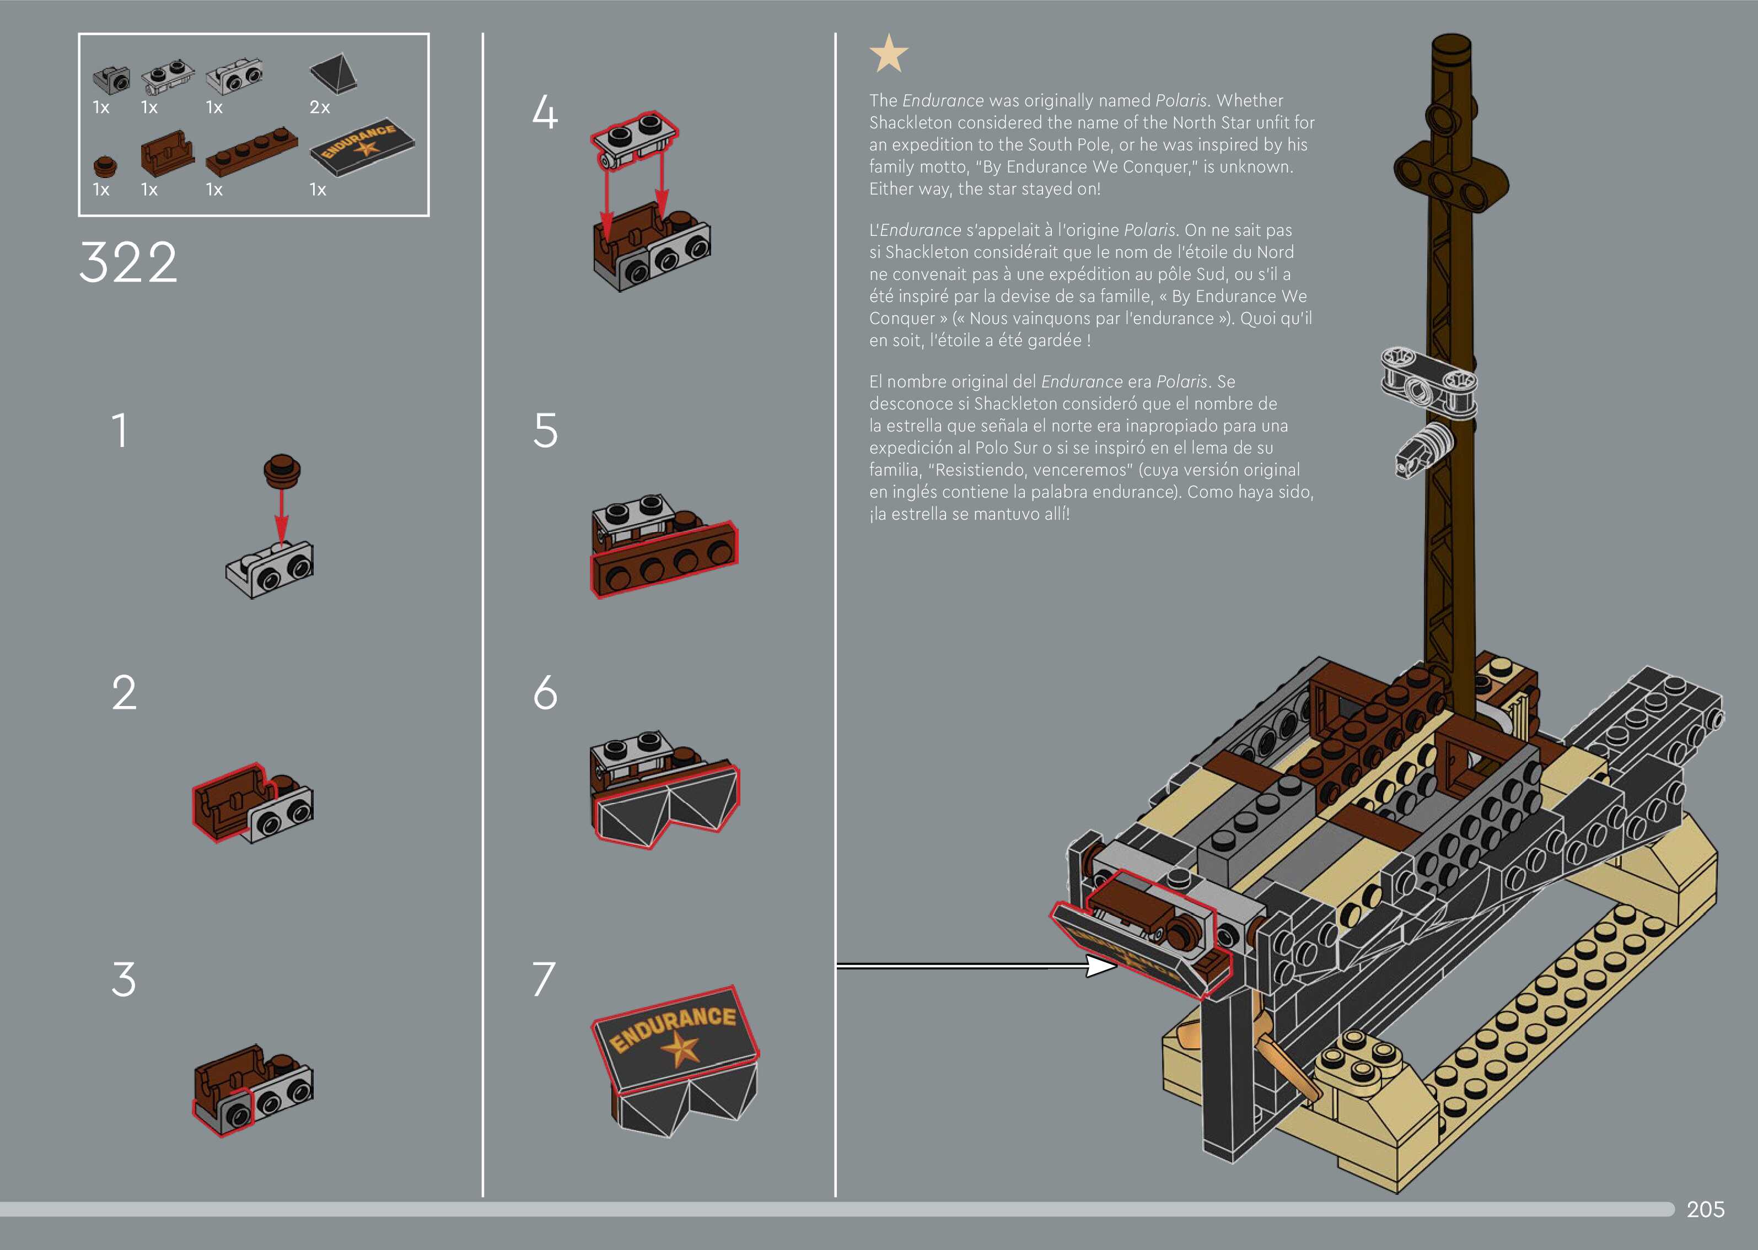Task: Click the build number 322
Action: point(128,262)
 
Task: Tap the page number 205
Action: point(1705,1209)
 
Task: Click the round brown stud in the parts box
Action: point(105,165)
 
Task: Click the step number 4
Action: point(545,112)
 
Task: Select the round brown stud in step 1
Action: point(282,470)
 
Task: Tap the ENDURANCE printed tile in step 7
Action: point(674,1036)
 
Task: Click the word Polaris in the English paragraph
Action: point(1181,101)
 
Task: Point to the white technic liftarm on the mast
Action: point(1428,380)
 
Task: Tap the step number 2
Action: point(124,693)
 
